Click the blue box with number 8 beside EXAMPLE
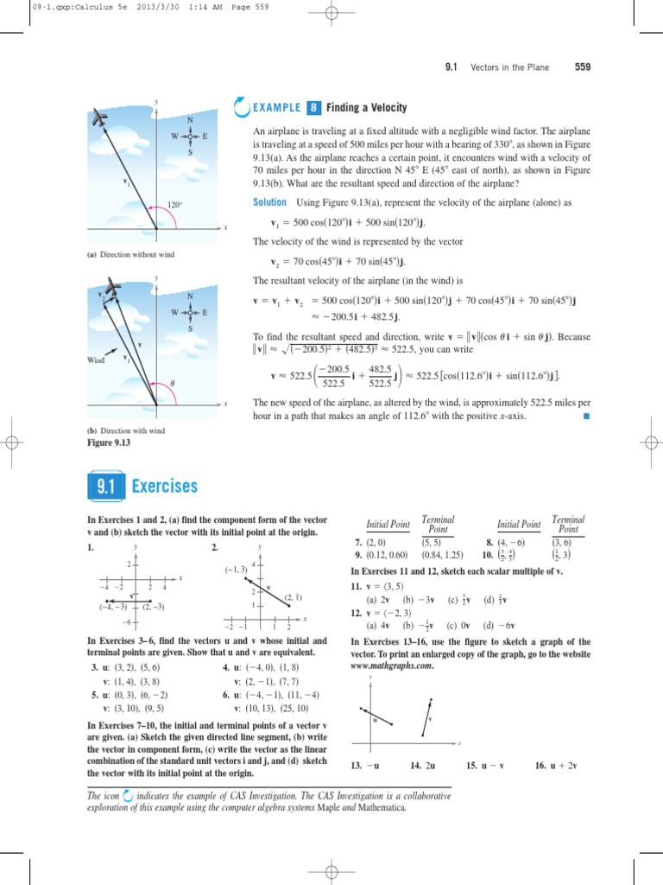coord(313,108)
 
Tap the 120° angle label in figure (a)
coord(175,206)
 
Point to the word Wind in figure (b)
coord(96,360)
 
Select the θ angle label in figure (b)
coord(173,382)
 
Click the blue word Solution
coord(269,201)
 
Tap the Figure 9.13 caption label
coord(108,443)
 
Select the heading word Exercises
coord(165,487)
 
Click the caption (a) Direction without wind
coord(130,255)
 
